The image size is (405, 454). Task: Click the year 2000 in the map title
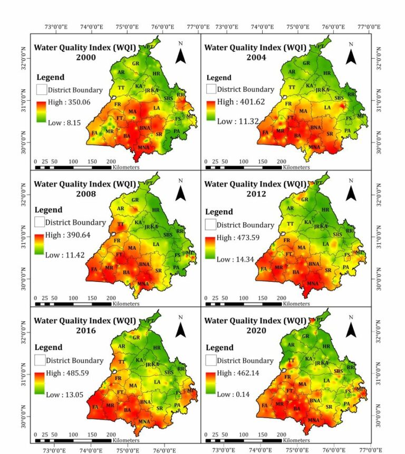(85, 57)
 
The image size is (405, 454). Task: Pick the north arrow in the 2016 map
(180, 329)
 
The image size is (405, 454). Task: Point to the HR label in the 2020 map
(326, 346)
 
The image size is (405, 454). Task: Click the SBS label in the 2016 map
(168, 372)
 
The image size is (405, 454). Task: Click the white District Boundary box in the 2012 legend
(211, 224)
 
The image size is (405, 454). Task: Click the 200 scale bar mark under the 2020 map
(281, 434)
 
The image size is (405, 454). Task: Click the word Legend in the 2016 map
(49, 347)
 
